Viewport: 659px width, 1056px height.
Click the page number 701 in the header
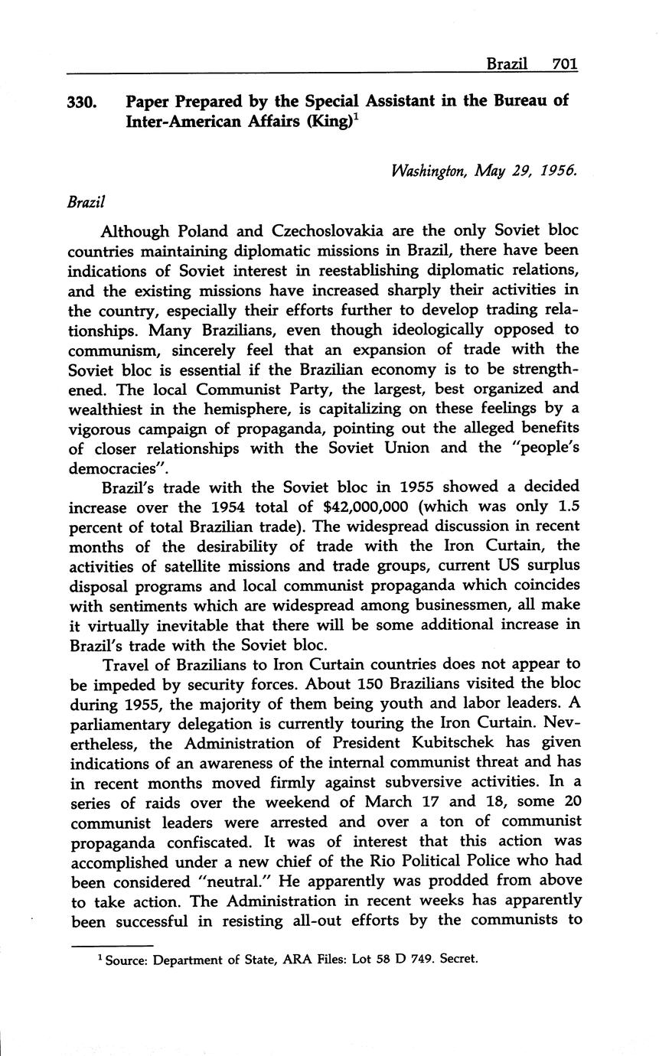click(563, 64)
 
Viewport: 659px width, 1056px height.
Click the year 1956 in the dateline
click(557, 171)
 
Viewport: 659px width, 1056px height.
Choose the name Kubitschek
click(453, 742)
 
